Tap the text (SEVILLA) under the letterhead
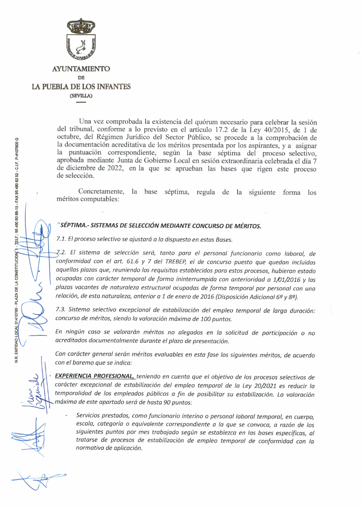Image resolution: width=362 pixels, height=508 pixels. (81, 96)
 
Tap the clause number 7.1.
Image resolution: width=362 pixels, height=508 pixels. (60, 240)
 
